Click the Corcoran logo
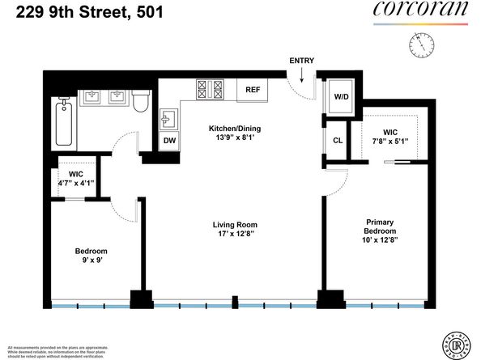click(420, 11)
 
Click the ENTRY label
click(301, 61)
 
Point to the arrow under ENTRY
click(301, 76)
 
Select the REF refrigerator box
click(252, 91)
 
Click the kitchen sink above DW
click(169, 121)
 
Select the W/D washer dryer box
click(341, 97)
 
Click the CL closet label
click(338, 139)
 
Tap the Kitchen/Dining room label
click(235, 129)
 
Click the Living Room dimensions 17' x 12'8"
click(234, 235)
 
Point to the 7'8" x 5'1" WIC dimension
click(389, 142)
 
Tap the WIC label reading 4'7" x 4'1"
click(77, 183)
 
